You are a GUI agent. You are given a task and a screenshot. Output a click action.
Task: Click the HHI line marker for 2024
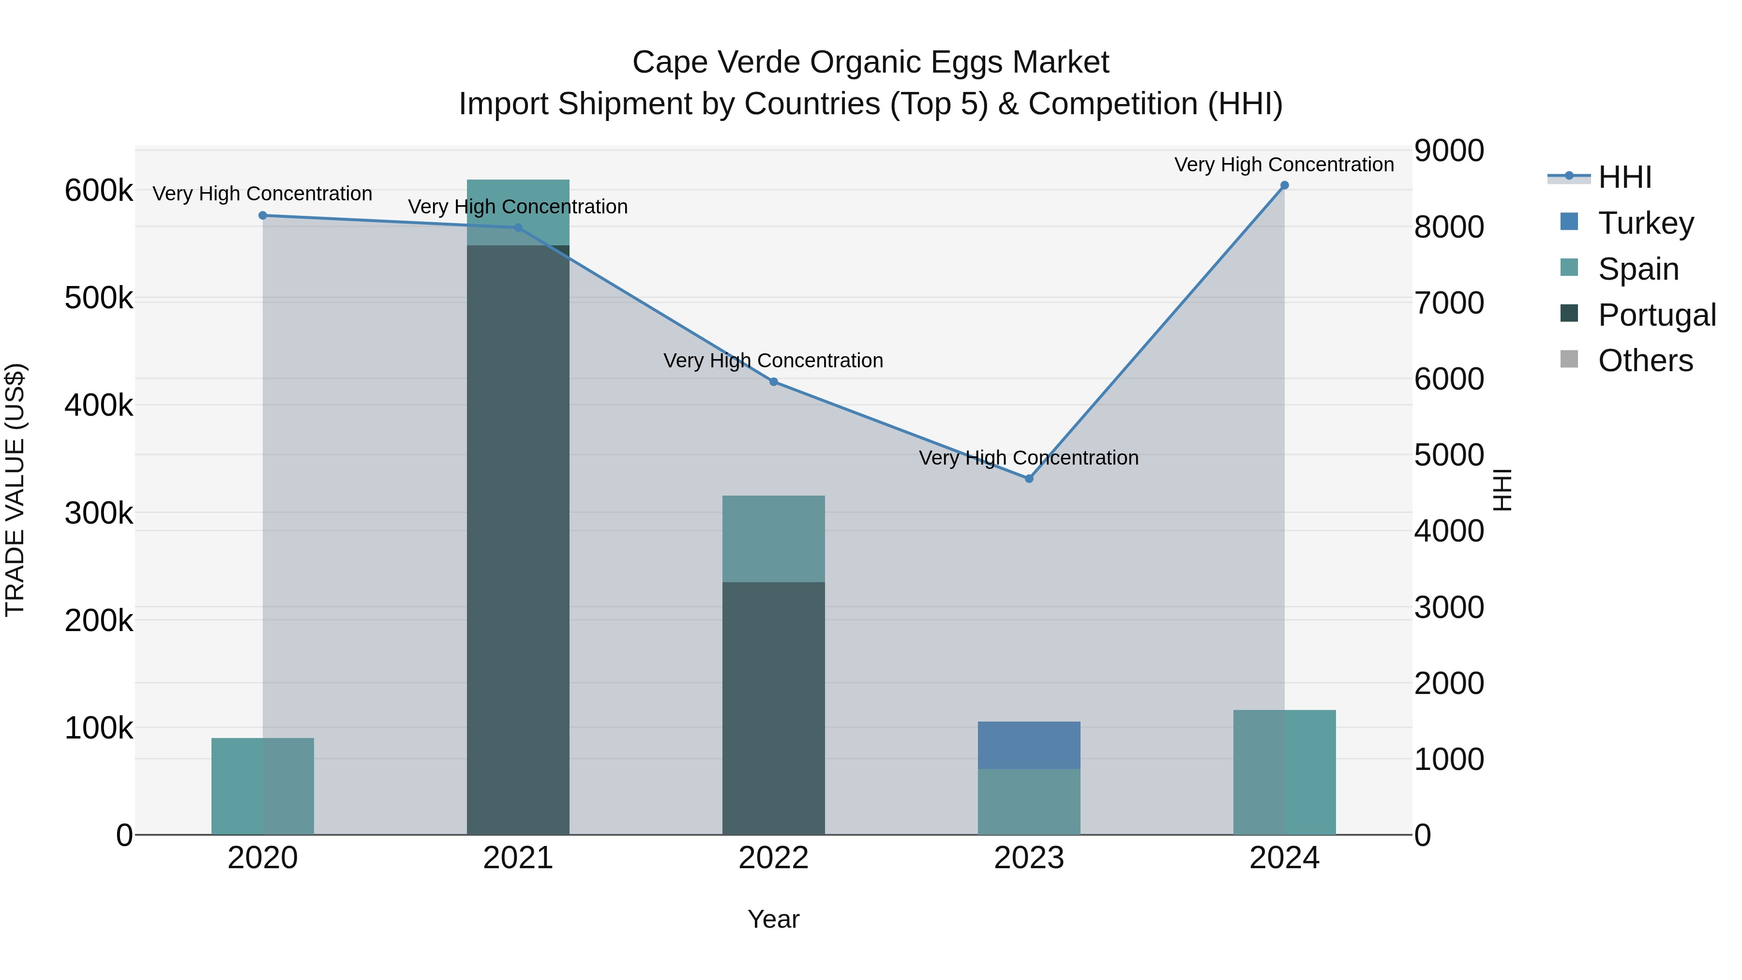click(1284, 185)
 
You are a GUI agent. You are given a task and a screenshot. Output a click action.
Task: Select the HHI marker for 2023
click(1029, 479)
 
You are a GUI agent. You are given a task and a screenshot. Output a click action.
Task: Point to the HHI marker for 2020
click(263, 216)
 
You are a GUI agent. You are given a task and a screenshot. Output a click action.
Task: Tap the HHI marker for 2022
click(774, 382)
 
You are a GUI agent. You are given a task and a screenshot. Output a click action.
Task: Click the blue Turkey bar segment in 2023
click(1029, 745)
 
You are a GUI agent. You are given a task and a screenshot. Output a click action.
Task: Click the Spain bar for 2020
click(263, 786)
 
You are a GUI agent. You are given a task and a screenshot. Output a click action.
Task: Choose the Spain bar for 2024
click(1284, 772)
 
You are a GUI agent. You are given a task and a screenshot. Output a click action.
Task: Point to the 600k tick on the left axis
click(99, 191)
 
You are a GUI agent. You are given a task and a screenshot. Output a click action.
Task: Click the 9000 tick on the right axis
click(1448, 151)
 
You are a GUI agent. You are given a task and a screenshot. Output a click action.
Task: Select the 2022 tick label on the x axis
click(774, 858)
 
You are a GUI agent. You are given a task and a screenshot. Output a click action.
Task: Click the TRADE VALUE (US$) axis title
click(15, 490)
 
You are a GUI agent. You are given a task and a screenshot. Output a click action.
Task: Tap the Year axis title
click(774, 919)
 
